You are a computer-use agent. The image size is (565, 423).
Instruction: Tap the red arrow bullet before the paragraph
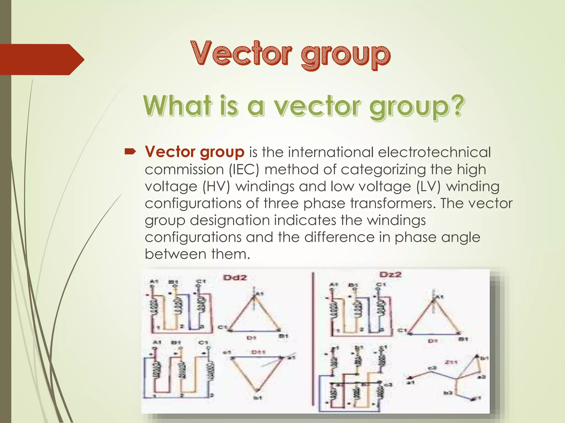coord(130,151)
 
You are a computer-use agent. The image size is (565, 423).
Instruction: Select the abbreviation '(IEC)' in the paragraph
coord(244,169)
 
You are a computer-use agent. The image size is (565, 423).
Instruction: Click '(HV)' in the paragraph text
coord(216,186)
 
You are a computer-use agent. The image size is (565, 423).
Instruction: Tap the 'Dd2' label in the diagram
coord(235,277)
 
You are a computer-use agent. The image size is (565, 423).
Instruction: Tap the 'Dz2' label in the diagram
coord(390,275)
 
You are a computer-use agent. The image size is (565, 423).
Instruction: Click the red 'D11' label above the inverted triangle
coord(258,352)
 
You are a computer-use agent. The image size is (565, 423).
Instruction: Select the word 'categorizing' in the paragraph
coord(383,169)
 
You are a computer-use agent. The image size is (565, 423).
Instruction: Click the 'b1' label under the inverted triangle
coord(257,397)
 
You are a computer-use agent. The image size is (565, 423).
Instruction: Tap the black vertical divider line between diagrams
coord(313,339)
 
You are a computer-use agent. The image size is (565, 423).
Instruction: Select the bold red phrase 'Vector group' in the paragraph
coord(194,152)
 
